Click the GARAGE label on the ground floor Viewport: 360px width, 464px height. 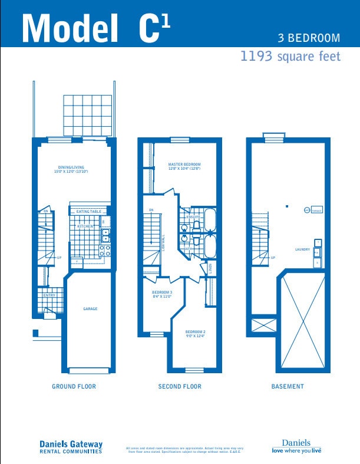[x=90, y=308]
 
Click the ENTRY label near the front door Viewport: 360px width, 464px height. [x=49, y=295]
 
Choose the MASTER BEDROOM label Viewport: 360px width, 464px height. [x=184, y=166]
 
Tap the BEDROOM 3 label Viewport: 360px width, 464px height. [x=162, y=294]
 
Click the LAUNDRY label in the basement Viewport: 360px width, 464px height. [x=302, y=249]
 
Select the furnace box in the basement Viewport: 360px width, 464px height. [x=316, y=210]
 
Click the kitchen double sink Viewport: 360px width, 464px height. [x=105, y=235]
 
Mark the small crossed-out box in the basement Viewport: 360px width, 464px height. [x=263, y=324]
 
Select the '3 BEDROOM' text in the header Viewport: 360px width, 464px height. [x=309, y=38]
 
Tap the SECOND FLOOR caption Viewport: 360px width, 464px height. [x=180, y=387]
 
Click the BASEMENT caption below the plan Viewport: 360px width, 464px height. [x=288, y=387]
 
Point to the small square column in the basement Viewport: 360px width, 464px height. [x=286, y=206]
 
